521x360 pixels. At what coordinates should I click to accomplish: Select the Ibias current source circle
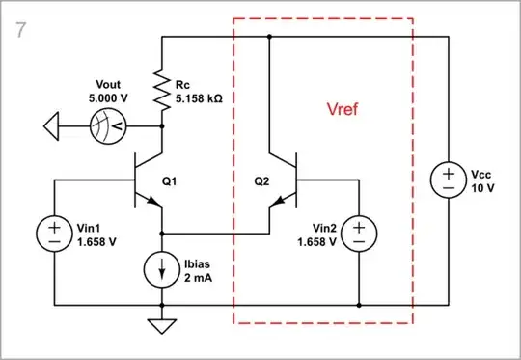pyautogui.click(x=160, y=268)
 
